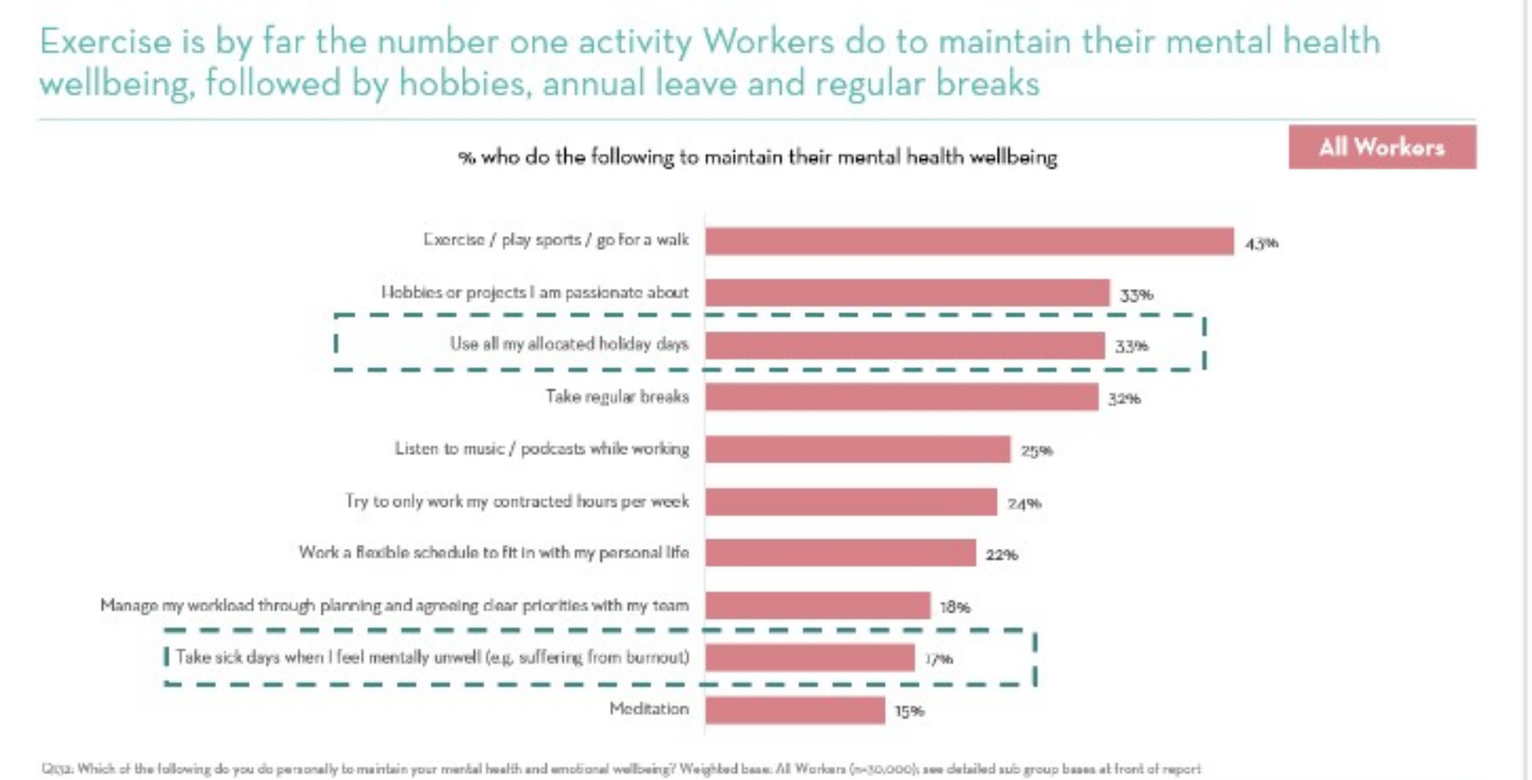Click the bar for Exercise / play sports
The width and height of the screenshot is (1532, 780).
(x=969, y=241)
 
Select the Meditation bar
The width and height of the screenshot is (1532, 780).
(x=794, y=710)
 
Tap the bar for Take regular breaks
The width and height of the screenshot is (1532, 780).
(x=901, y=397)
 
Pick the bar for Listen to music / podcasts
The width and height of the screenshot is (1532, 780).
(x=857, y=449)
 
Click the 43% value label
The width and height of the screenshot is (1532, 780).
(x=1261, y=244)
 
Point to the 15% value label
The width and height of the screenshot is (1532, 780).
(x=909, y=712)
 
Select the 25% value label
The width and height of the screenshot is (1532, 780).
(x=1036, y=451)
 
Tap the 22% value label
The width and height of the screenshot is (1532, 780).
(x=1002, y=555)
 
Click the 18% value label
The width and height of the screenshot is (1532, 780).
(x=955, y=607)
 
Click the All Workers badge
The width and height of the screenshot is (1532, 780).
(x=1381, y=147)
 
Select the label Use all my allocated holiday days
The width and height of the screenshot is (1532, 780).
(x=569, y=344)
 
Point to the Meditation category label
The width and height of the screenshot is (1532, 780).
(x=649, y=709)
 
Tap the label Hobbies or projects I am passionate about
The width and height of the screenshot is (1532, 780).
(x=534, y=292)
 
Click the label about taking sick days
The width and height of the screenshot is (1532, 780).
(x=432, y=657)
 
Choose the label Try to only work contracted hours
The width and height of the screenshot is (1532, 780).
(x=517, y=501)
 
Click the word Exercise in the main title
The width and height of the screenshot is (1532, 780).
(x=104, y=42)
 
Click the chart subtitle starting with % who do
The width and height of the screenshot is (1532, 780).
(x=757, y=157)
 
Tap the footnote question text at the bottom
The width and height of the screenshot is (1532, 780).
(x=621, y=769)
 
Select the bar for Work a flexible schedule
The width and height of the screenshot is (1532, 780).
(x=840, y=553)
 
